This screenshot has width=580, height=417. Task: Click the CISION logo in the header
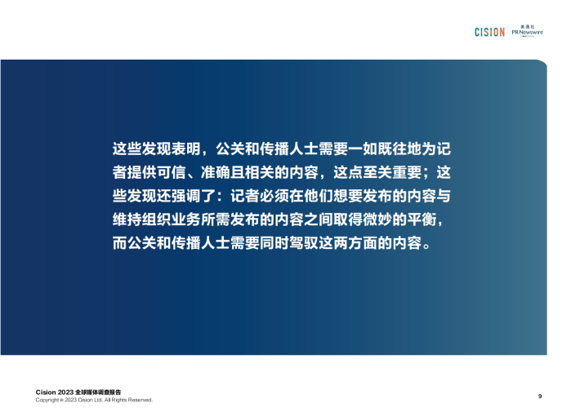click(490, 32)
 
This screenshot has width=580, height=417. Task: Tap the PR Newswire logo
click(528, 31)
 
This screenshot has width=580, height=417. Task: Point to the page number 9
click(540, 397)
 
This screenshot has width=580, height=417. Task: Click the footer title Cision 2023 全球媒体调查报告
click(78, 392)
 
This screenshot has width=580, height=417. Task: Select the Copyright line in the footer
click(94, 400)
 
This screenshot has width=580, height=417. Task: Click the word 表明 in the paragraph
click(185, 149)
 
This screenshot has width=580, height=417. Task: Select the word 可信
click(172, 172)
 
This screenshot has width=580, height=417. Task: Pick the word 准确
click(216, 172)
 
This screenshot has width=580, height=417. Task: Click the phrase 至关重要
click(392, 172)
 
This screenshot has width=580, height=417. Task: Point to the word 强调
click(185, 196)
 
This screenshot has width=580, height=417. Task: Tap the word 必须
click(274, 196)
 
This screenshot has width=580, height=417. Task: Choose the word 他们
click(319, 196)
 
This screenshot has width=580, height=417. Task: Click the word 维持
click(127, 220)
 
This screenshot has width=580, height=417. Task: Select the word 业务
click(185, 220)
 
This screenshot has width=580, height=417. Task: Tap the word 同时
click(274, 243)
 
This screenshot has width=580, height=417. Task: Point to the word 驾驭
click(304, 243)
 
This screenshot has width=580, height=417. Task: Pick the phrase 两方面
click(355, 243)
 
